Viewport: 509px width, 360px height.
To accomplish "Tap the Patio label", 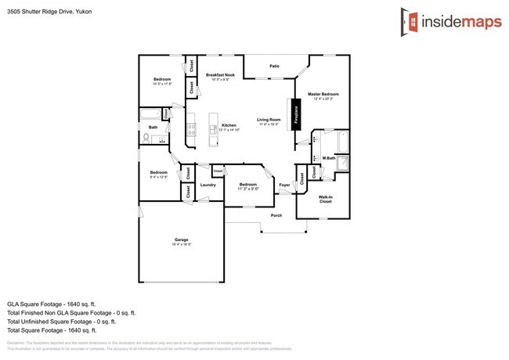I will (x=275, y=67).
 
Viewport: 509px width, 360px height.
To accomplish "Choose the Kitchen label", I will (x=229, y=126).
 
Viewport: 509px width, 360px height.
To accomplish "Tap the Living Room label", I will (x=269, y=121).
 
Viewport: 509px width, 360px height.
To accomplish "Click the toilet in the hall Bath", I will (x=147, y=139).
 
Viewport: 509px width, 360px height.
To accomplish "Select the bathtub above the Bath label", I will (x=150, y=117).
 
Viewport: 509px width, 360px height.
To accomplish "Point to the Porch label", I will (x=276, y=215).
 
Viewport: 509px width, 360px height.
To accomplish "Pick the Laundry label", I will (x=208, y=185).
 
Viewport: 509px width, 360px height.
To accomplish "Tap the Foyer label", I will (x=284, y=185).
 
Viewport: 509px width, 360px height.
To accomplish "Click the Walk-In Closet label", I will (x=325, y=199).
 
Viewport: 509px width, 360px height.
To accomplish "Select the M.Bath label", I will (x=329, y=158).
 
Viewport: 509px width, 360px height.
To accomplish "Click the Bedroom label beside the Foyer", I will (x=247, y=185).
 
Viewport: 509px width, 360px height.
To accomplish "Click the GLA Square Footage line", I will (x=57, y=303).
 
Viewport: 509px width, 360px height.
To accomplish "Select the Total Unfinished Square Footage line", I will (x=61, y=321).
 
